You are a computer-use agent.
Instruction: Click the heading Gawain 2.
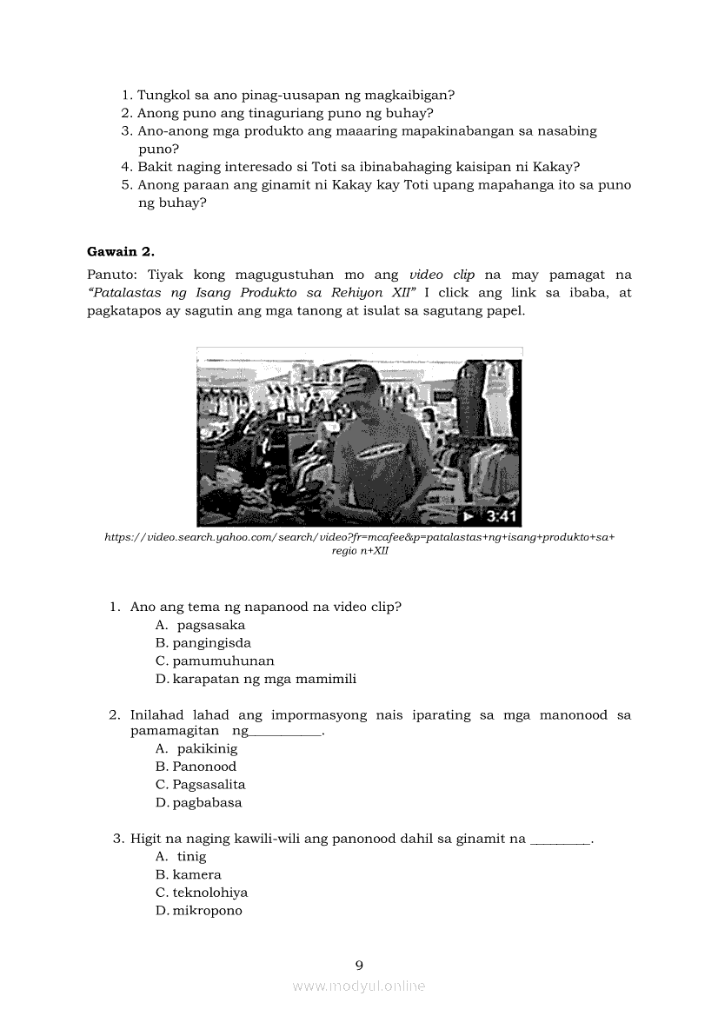coord(121,252)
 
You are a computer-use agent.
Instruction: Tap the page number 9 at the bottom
coord(359,964)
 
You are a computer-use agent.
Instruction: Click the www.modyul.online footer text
coord(359,986)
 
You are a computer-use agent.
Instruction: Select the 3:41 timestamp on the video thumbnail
coord(502,516)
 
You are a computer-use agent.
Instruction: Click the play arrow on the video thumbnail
coord(469,516)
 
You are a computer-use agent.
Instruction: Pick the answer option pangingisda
coord(211,643)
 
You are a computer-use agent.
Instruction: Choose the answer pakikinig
coord(207,748)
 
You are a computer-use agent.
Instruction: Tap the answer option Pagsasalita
coord(209,784)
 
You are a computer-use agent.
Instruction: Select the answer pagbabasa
coord(207,802)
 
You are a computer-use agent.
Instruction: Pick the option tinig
coord(191,856)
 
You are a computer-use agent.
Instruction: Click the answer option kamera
coord(196,874)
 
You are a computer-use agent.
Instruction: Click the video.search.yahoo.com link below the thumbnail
coord(359,538)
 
